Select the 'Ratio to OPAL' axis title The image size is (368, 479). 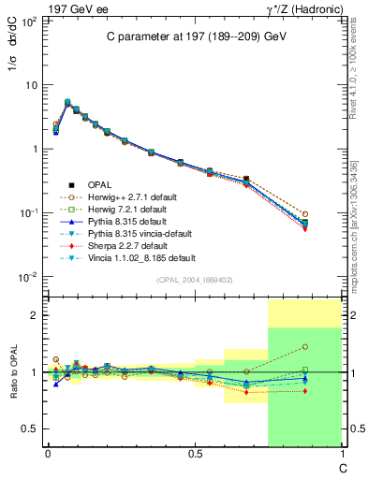(16, 372)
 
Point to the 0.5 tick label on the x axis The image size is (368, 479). (194, 454)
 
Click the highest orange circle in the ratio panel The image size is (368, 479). (305, 347)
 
